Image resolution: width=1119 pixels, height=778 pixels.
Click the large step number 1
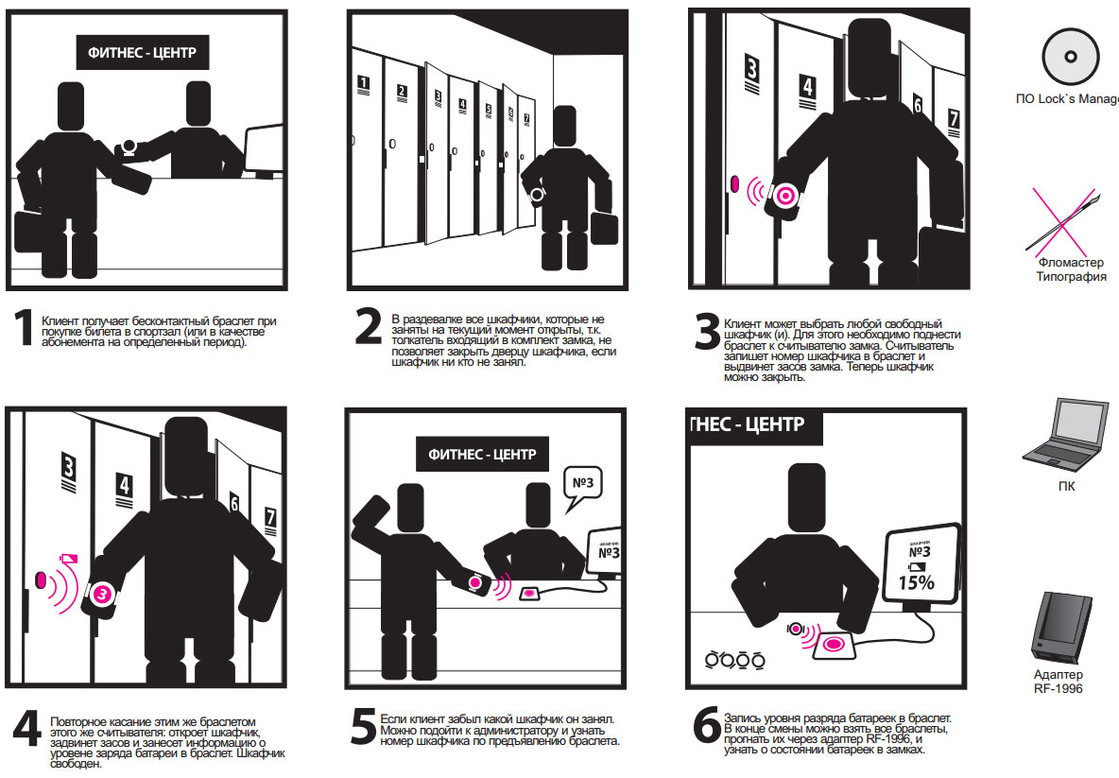pyautogui.click(x=25, y=328)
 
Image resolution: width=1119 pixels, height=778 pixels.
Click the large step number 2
pyautogui.click(x=369, y=326)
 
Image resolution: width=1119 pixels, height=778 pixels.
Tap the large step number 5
pyautogui.click(x=363, y=726)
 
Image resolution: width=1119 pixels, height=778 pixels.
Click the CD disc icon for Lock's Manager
pyautogui.click(x=1069, y=57)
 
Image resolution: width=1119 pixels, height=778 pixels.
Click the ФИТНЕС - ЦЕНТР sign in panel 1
pyautogui.click(x=142, y=52)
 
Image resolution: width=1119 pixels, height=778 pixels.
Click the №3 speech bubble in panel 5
pyautogui.click(x=583, y=487)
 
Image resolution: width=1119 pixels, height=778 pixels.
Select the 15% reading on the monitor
pyautogui.click(x=917, y=582)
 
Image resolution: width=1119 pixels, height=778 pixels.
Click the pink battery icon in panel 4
pyautogui.click(x=68, y=558)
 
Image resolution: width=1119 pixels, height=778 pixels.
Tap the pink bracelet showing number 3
pyautogui.click(x=101, y=593)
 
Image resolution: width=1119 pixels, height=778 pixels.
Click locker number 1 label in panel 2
pyautogui.click(x=363, y=83)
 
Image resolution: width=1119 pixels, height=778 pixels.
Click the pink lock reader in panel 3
pyautogui.click(x=735, y=184)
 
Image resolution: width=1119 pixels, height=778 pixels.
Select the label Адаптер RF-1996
pyautogui.click(x=1059, y=682)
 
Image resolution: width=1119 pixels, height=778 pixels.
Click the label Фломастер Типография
pyautogui.click(x=1071, y=269)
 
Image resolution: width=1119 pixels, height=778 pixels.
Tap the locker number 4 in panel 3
pyautogui.click(x=807, y=88)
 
